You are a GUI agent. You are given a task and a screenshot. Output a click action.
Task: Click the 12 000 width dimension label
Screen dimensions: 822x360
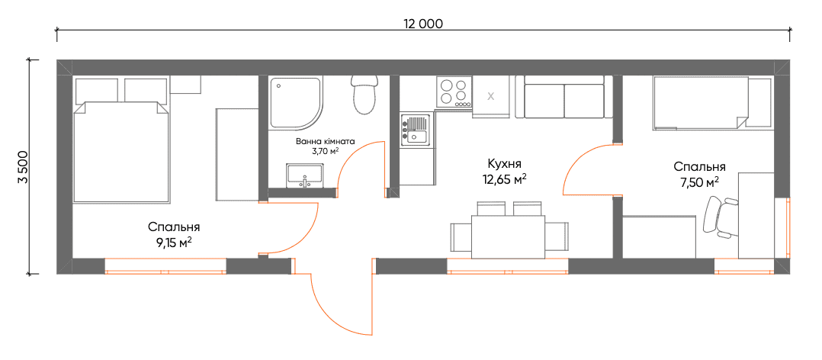[x=423, y=24]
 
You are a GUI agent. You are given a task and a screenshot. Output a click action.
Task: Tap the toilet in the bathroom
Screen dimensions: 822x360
[x=364, y=95]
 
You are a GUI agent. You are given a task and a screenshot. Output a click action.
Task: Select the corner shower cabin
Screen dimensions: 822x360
[x=296, y=103]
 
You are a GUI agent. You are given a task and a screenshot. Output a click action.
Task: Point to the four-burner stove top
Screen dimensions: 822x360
[x=454, y=92]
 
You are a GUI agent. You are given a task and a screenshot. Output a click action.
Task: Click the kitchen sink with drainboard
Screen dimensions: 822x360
[x=416, y=130]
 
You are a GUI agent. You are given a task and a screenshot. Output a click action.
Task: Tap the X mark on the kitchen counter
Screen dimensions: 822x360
[x=491, y=96]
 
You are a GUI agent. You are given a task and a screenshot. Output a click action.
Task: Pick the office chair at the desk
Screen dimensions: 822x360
[x=719, y=217]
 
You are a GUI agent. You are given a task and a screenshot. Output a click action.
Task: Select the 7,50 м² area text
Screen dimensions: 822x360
[x=700, y=182]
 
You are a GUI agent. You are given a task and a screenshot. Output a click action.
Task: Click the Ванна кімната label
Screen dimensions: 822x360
[x=325, y=142]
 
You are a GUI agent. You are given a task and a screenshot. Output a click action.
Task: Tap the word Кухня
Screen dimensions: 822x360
[x=504, y=163]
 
